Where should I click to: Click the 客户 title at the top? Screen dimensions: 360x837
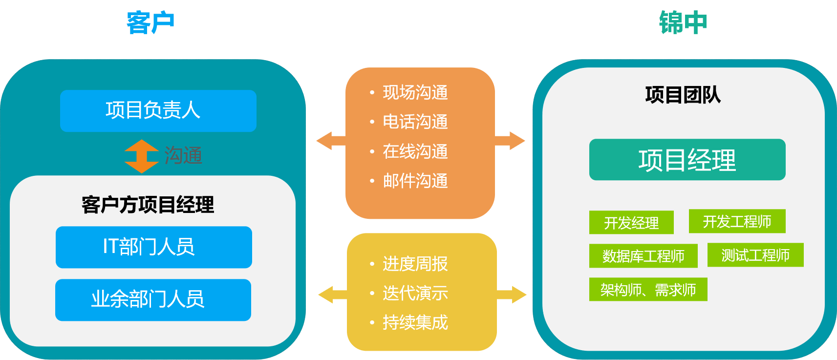[150, 23]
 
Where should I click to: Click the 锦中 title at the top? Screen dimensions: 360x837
[683, 23]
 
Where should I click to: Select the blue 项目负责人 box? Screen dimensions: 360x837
[158, 110]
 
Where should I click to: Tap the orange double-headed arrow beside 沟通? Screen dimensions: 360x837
[141, 156]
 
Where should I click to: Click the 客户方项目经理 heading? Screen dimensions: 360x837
[148, 205]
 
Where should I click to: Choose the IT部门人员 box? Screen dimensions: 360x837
[153, 247]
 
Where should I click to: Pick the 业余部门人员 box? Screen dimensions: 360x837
[153, 299]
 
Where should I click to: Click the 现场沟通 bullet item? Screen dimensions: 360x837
[415, 92]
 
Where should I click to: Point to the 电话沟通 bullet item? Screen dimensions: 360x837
[415, 122]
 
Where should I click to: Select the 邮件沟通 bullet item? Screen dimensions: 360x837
[415, 181]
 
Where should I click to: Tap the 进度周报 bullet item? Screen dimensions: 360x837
[415, 264]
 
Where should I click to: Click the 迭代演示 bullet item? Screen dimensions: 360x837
[415, 293]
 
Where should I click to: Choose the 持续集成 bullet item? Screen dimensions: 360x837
[415, 322]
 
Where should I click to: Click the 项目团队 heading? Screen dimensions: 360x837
[683, 95]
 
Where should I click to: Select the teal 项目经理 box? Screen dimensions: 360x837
[687, 160]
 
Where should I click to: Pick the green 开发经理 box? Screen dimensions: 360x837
[631, 223]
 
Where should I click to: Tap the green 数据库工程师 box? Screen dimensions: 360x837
[643, 256]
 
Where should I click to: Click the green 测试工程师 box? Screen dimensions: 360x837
[755, 255]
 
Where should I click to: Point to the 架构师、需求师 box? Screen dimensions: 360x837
[648, 290]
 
